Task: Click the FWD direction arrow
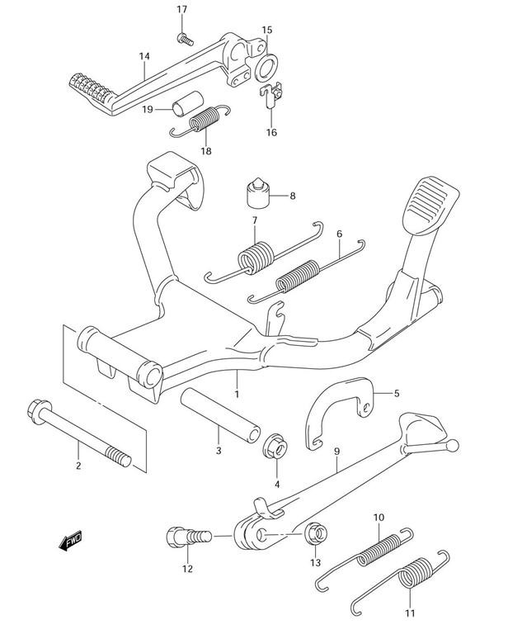click(x=71, y=541)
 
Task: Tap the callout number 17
click(x=182, y=9)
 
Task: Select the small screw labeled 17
click(x=185, y=40)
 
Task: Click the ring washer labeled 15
click(x=266, y=66)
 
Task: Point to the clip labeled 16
click(x=271, y=95)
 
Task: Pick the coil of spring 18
click(x=205, y=119)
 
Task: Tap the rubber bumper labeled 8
click(x=257, y=194)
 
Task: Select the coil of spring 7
click(x=256, y=258)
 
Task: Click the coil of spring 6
click(x=298, y=277)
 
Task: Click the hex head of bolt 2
click(x=39, y=411)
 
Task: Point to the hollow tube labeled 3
click(x=220, y=415)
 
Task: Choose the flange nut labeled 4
click(x=275, y=446)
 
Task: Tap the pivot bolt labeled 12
click(x=189, y=537)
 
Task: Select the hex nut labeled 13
click(x=315, y=533)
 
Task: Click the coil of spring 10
click(x=379, y=550)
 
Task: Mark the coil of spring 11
click(x=416, y=572)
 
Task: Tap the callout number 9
click(x=336, y=452)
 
